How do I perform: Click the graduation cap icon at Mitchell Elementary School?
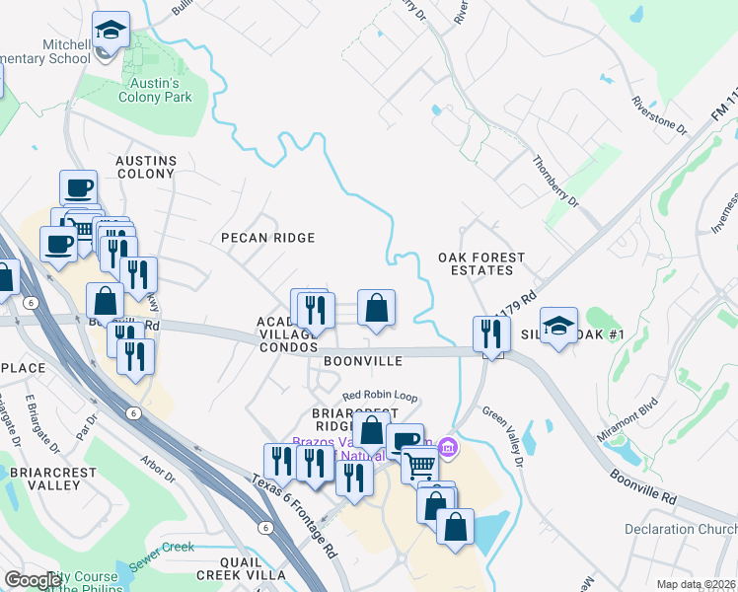point(111,30)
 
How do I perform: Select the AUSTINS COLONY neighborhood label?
point(146,167)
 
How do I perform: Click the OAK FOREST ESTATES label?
point(481,264)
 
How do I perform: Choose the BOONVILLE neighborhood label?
point(362,361)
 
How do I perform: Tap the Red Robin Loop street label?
point(381,397)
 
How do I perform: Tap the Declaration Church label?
point(680,530)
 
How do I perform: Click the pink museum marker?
point(448,449)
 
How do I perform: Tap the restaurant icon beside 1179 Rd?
point(487,333)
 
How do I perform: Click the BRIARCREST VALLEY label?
point(54,479)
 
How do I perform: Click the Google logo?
point(33,580)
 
